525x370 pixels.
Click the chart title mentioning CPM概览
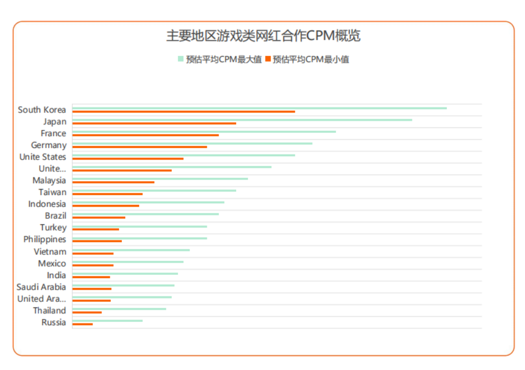point(263,36)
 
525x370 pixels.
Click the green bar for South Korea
point(259,108)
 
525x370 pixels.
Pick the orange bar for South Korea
point(184,112)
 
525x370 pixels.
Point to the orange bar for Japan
point(154,124)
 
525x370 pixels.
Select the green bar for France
point(204,131)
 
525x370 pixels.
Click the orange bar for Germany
point(140,147)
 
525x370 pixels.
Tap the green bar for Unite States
point(184,155)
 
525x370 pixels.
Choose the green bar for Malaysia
point(160,178)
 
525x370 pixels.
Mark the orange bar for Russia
point(83,324)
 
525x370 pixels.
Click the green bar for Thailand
point(119,309)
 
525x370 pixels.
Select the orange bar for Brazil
point(99,218)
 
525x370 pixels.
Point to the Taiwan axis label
point(52,192)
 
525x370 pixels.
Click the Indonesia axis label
point(47,204)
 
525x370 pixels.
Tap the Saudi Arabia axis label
point(41,287)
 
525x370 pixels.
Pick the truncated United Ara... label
point(41,299)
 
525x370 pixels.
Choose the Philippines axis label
point(44,239)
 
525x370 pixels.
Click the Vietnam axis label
point(50,251)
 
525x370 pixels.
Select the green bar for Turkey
point(140,226)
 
